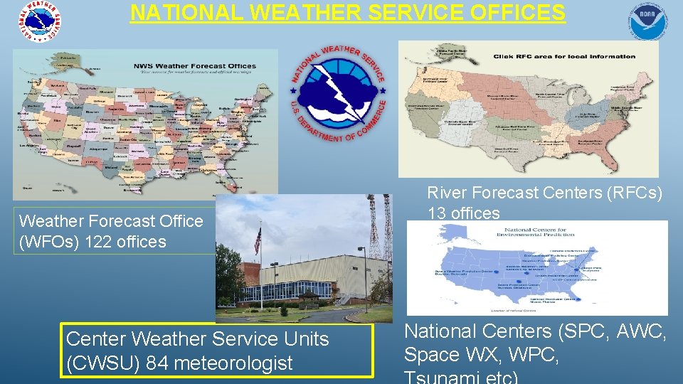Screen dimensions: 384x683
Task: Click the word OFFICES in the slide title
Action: pos(507,12)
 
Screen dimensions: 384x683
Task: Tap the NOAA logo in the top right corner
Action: pos(648,21)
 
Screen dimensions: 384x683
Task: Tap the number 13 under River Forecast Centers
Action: pos(437,213)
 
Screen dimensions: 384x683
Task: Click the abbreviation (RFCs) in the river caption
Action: pos(630,193)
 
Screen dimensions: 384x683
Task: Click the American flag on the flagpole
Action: pos(258,240)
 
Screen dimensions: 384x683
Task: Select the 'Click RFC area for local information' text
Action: pos(563,56)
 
